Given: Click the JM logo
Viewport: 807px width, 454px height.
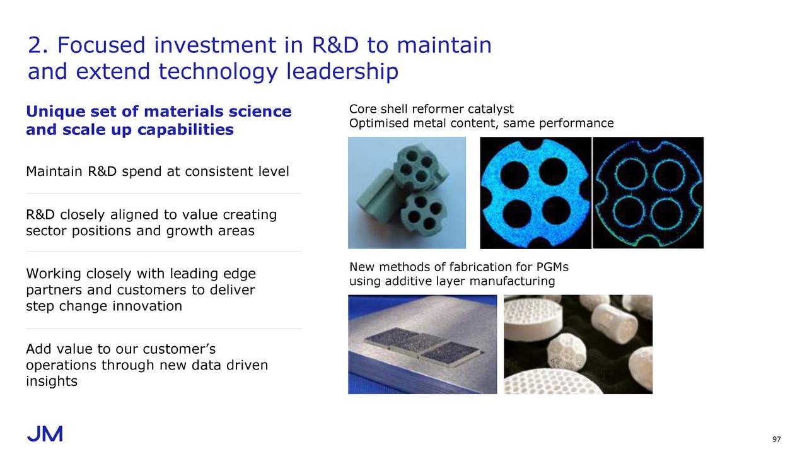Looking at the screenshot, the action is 45,434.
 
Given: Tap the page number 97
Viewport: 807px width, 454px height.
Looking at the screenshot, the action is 776,439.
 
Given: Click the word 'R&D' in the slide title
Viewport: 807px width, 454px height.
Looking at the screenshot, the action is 335,45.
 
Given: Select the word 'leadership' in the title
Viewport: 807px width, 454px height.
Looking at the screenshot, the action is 342,71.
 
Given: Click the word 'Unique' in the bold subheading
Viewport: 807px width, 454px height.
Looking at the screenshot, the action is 55,112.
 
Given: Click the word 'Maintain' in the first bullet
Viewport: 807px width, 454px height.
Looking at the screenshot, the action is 54,171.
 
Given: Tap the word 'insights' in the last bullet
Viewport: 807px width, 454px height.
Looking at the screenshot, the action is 52,381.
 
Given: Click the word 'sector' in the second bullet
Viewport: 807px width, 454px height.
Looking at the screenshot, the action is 46,231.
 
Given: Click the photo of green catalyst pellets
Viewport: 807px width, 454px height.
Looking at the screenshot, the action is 407,193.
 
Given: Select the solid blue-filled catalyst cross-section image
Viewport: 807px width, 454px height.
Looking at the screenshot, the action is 535,193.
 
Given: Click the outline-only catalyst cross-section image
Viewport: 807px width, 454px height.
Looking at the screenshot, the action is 648,193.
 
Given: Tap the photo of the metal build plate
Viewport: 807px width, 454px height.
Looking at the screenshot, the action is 422,344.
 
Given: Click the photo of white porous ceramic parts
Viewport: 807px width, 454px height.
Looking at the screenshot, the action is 578,344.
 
